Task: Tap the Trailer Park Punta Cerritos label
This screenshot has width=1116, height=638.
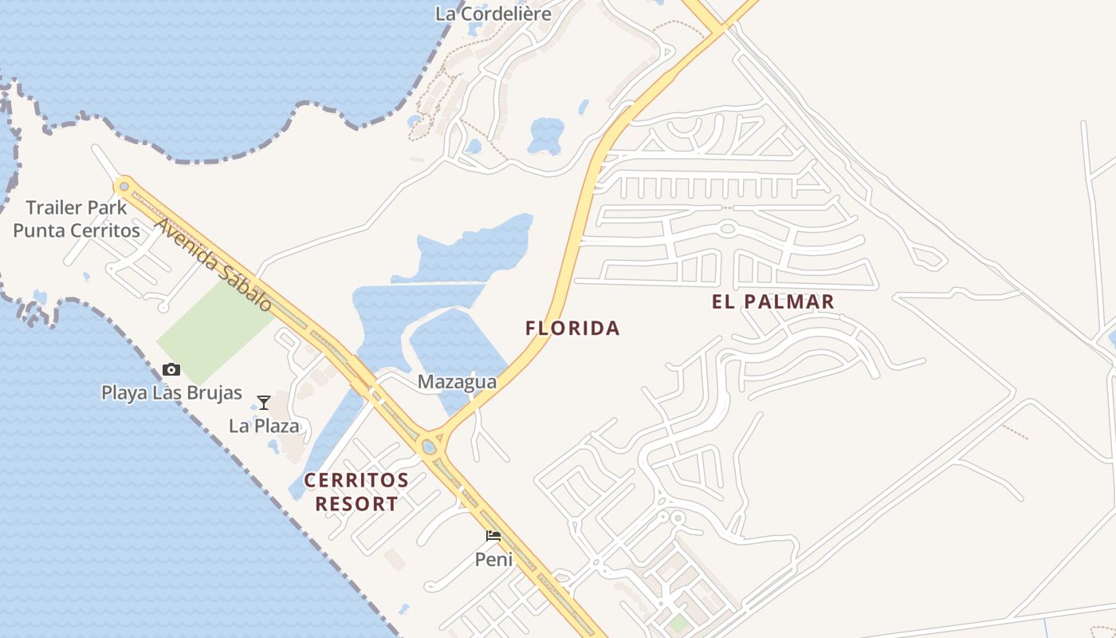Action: tap(77, 219)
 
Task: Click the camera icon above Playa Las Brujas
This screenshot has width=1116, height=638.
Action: tap(171, 369)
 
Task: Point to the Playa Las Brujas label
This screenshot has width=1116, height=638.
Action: tap(171, 392)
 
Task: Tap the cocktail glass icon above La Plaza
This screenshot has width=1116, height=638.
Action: tap(264, 403)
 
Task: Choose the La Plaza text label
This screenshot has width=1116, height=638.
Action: tap(264, 426)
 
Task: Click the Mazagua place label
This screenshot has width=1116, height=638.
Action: tap(457, 382)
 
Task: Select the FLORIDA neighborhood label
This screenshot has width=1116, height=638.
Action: tap(572, 328)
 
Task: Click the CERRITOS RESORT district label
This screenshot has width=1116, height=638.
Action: tap(356, 492)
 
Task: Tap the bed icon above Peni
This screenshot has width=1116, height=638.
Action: tap(493, 536)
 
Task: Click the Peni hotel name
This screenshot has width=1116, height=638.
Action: tap(493, 559)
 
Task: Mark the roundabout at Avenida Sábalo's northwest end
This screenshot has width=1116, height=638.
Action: tap(124, 187)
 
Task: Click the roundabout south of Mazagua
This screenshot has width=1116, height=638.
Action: tap(430, 447)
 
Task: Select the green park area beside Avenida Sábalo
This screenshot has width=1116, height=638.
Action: tap(214, 327)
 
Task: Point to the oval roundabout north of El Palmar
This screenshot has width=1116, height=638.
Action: tap(727, 229)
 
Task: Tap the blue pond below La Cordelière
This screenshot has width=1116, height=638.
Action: tap(546, 134)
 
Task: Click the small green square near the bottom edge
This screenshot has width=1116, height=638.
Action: tap(678, 624)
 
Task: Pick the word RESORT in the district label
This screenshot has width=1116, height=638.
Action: tap(356, 504)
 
